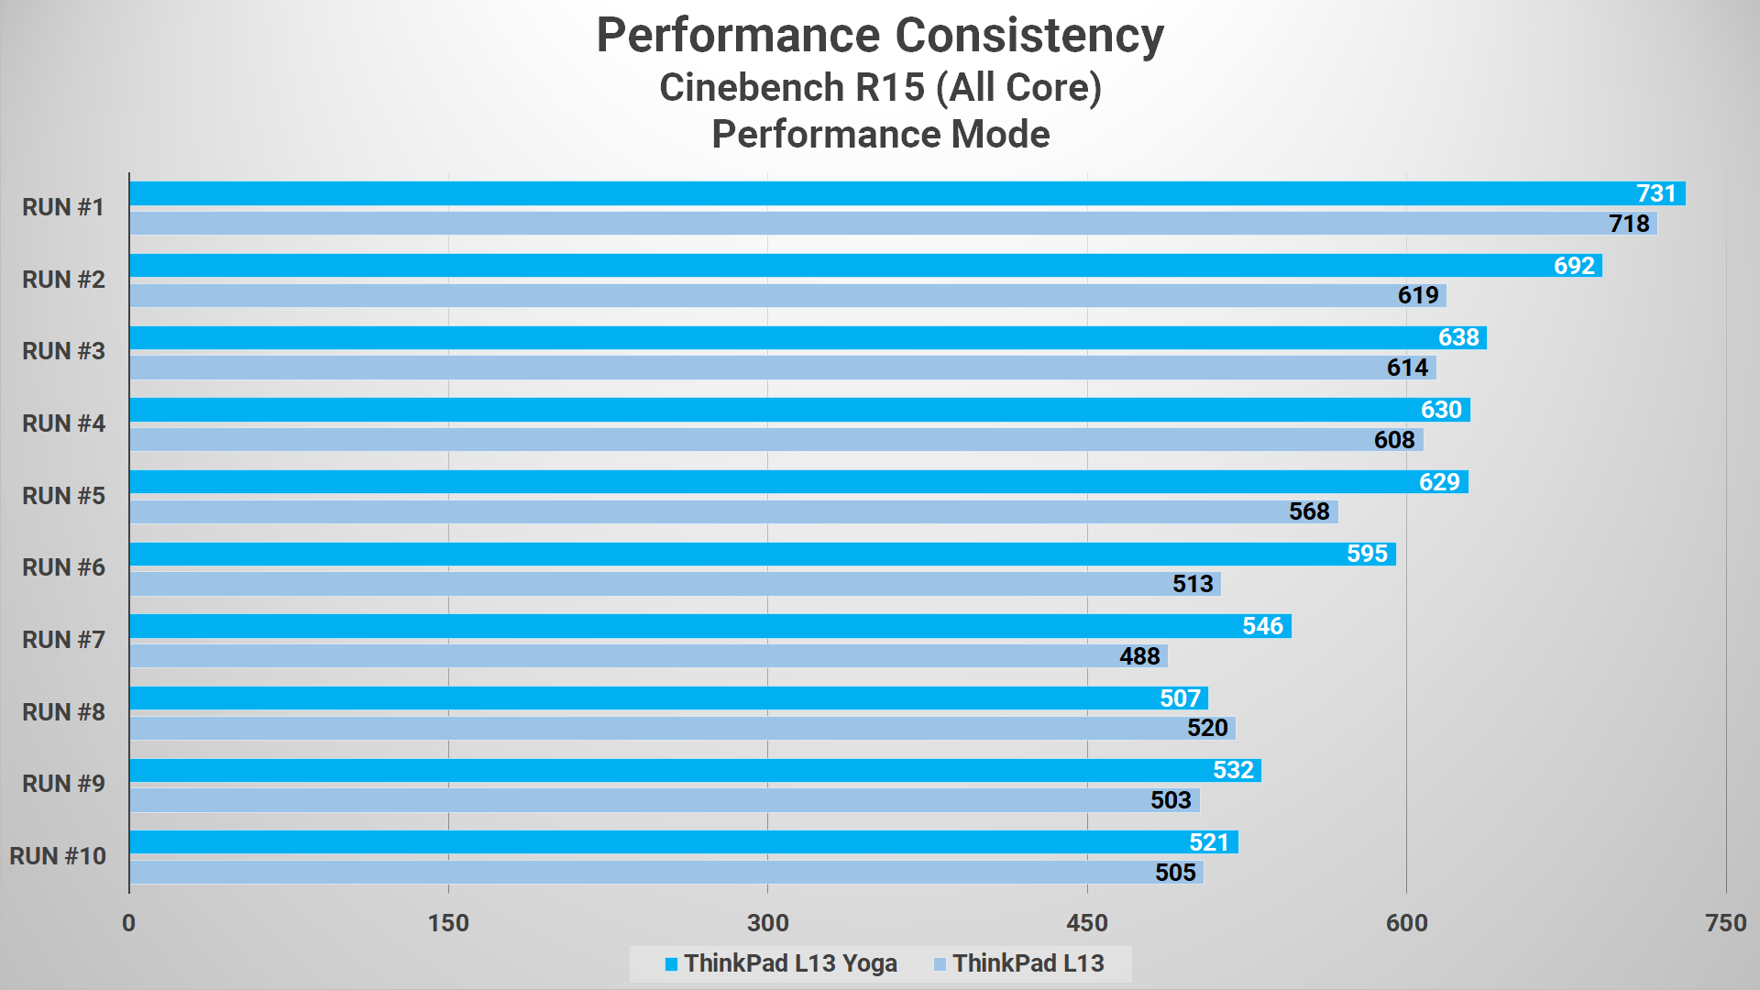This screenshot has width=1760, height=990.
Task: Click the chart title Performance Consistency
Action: tap(880, 37)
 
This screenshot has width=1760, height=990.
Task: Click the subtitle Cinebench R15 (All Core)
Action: tap(880, 88)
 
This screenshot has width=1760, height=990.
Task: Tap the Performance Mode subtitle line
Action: tap(880, 135)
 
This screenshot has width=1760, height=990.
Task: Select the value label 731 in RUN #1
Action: tap(1655, 193)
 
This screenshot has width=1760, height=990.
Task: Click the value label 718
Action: tap(1628, 224)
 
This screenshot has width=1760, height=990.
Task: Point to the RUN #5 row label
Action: tap(63, 496)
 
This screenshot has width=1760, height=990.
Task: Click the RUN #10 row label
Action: tap(58, 856)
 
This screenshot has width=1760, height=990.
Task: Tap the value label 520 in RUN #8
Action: tap(1206, 728)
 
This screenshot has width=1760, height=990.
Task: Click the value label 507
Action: tap(1180, 698)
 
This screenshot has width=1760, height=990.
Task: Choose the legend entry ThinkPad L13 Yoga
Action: tap(789, 963)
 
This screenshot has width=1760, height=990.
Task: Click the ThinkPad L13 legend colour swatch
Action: tap(940, 964)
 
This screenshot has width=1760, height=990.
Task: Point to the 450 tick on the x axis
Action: tap(1087, 923)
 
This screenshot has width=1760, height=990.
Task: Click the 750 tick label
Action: tap(1725, 923)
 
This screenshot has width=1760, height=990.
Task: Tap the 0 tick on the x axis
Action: tap(128, 923)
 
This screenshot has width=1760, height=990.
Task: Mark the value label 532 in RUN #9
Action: tap(1233, 770)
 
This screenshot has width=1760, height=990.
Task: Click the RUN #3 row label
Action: tap(63, 351)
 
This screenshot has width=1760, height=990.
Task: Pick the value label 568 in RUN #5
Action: tap(1308, 511)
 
